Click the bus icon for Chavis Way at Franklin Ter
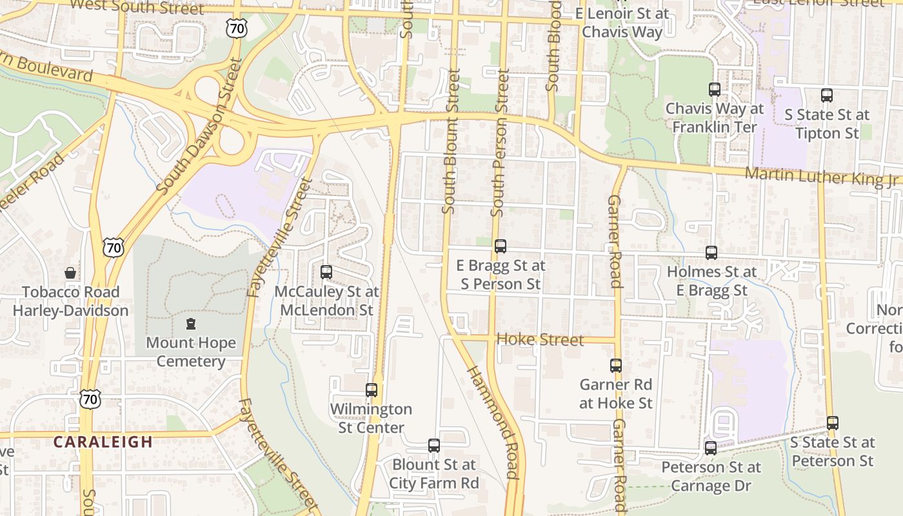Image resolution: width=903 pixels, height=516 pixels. click(715, 90)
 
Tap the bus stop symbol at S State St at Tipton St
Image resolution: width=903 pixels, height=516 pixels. click(827, 95)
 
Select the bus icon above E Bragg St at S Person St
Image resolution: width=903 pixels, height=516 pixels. click(501, 246)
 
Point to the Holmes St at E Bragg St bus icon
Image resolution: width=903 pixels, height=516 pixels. click(711, 253)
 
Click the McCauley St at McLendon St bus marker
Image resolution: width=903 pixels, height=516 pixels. click(326, 272)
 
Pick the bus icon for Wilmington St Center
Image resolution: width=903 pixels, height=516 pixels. click(372, 390)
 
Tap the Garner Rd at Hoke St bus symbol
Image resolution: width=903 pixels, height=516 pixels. click(616, 366)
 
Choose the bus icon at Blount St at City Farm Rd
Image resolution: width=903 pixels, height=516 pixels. click(434, 446)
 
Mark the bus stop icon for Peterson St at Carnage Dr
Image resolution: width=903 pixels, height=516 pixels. click(711, 448)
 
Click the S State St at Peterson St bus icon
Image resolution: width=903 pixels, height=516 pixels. click(833, 424)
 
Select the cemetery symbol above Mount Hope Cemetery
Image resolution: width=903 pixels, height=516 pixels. click(190, 324)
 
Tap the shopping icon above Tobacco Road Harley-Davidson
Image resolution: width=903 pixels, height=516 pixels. click(70, 273)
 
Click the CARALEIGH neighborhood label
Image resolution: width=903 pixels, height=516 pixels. click(103, 442)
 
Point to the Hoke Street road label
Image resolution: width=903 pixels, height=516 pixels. click(540, 340)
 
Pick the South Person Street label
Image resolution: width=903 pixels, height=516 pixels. click(500, 143)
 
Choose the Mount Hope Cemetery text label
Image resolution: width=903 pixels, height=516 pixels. click(191, 352)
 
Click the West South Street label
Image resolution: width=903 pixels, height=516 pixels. click(136, 8)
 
